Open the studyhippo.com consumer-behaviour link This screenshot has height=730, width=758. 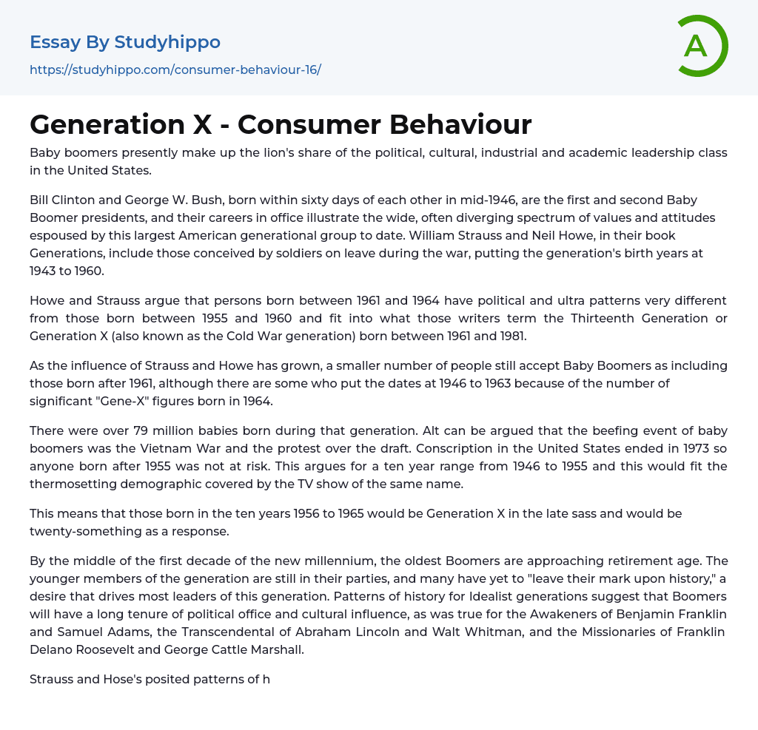(x=175, y=70)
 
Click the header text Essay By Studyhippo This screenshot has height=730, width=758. (x=125, y=42)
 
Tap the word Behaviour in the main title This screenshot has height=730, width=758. (x=460, y=124)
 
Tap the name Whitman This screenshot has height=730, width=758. (x=492, y=632)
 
